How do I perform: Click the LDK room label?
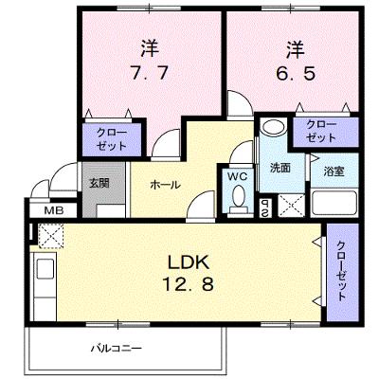189,262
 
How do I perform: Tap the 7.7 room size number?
149,74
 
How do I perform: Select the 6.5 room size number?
296,74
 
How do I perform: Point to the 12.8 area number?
189,283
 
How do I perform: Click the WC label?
238,177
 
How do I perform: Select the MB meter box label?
54,210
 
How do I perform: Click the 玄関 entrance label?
99,183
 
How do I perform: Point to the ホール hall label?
165,185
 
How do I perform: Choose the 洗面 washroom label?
280,169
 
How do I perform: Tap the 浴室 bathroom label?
334,171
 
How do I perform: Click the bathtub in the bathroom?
334,203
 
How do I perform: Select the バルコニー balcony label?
117,349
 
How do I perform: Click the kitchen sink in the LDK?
45,268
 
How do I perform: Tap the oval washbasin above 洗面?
274,128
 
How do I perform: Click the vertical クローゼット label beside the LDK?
341,271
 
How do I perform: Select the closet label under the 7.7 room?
112,139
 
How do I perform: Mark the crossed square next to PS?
291,206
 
